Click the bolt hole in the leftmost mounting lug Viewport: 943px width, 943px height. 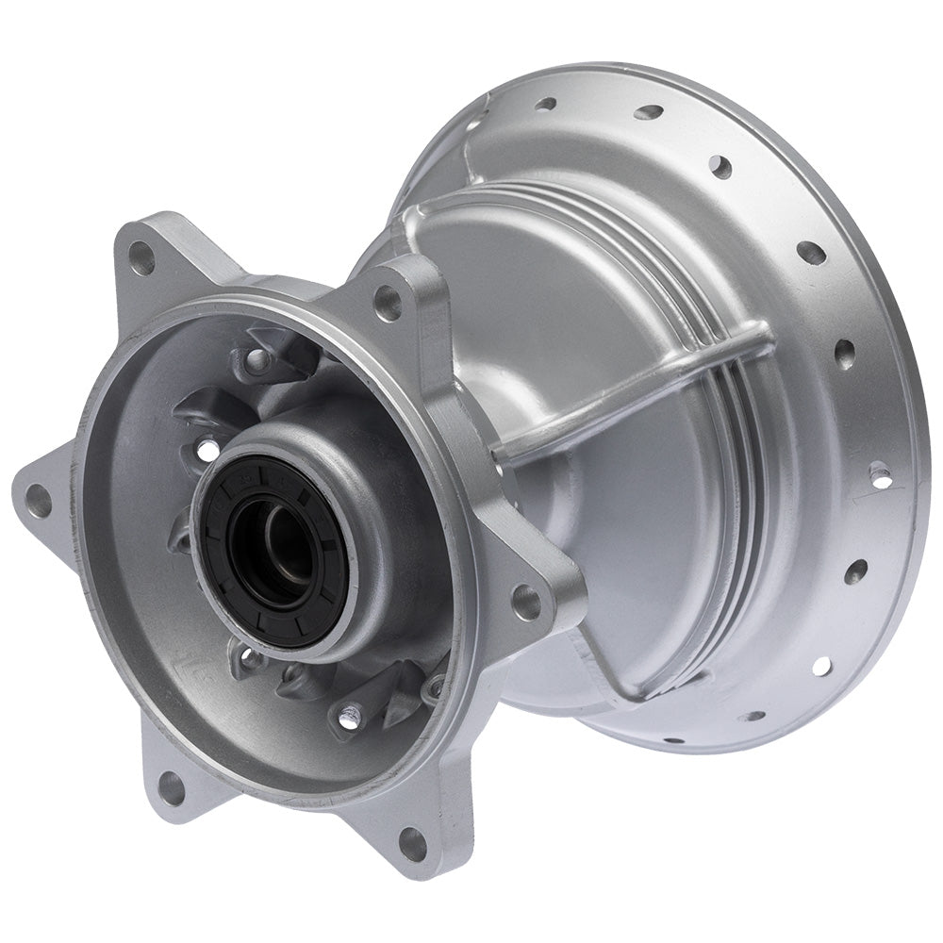38,500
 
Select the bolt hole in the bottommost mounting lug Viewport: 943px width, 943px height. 411,841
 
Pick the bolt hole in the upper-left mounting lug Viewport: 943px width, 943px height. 141,256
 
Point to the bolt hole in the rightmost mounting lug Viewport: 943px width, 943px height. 526,601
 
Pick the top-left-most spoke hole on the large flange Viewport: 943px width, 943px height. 545,104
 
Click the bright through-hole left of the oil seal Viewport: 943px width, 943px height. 205,451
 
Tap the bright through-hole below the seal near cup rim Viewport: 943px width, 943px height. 349,720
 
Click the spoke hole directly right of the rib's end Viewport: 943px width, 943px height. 843,354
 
